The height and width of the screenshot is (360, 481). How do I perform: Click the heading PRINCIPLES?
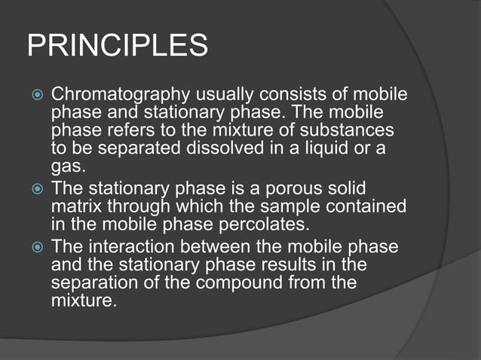[x=118, y=46]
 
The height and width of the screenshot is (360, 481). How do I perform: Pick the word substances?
[x=353, y=132]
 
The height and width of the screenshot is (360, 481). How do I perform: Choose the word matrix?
[x=74, y=205]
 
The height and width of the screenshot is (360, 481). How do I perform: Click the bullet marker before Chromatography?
[x=34, y=96]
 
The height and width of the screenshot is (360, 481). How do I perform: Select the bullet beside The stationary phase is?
[x=34, y=188]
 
